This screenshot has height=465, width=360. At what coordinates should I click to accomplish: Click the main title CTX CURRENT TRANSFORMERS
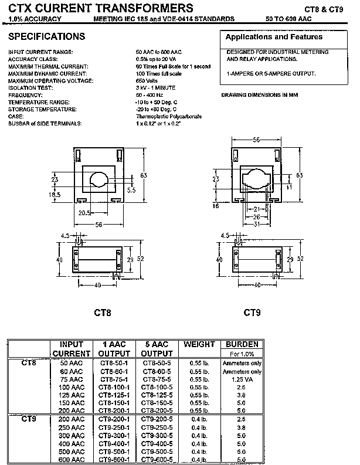click(x=100, y=8)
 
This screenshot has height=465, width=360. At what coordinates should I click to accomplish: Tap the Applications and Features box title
click(x=274, y=37)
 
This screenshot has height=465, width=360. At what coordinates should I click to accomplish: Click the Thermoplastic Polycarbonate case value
click(x=168, y=117)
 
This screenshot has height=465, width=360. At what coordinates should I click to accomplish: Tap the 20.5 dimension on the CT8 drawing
click(x=85, y=212)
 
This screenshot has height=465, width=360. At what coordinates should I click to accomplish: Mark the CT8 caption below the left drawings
click(x=103, y=312)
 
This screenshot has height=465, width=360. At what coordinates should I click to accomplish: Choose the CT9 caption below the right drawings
click(x=252, y=312)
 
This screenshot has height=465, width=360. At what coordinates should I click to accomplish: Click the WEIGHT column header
click(x=199, y=344)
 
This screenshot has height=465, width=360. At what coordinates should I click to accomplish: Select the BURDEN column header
click(x=242, y=344)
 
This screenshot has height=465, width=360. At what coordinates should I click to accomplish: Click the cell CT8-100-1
click(x=114, y=388)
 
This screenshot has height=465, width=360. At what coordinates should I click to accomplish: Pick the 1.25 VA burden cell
click(x=242, y=379)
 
